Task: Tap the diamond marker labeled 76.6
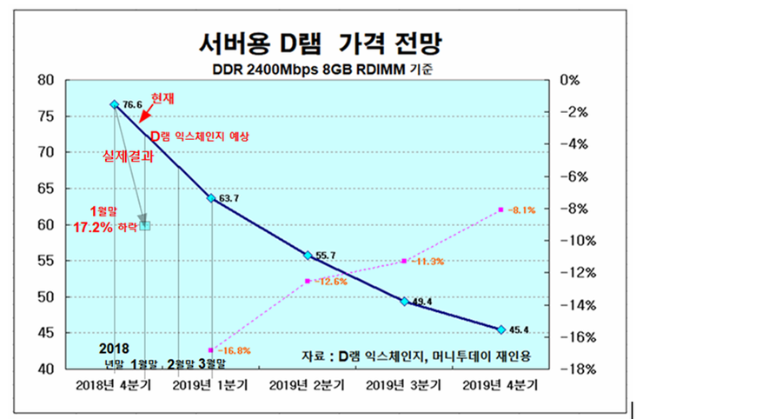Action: point(114,104)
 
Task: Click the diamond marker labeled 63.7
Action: point(210,198)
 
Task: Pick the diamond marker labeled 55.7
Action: point(308,256)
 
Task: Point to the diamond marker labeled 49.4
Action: point(404,301)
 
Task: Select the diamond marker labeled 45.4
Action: point(501,329)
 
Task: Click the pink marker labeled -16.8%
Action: point(211,350)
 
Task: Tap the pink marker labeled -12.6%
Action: point(308,281)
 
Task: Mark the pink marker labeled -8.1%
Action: point(501,209)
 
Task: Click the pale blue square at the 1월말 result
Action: point(145,225)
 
